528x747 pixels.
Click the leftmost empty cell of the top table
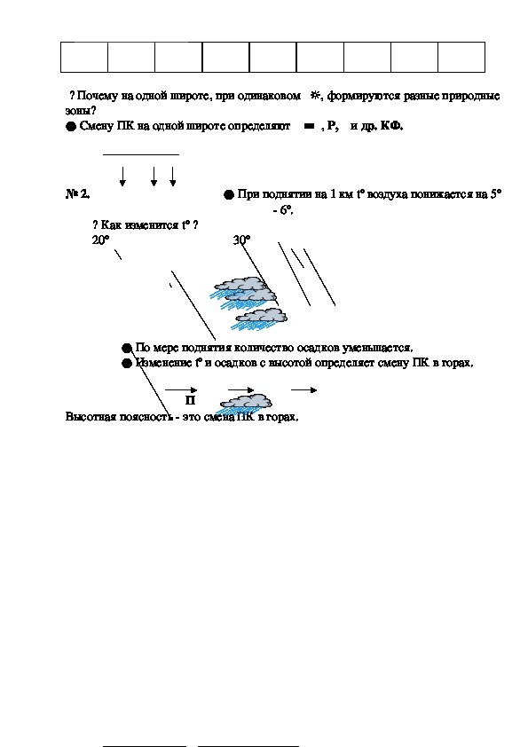coord(84,57)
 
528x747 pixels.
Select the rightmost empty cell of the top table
coord(461,57)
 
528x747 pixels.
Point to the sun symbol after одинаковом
coord(315,95)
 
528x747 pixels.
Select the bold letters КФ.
coord(391,126)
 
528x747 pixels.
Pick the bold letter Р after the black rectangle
coord(332,126)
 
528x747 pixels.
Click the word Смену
coord(96,126)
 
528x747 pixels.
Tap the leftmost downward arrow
coord(122,177)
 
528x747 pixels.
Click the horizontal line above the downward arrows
coord(141,155)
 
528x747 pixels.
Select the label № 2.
coord(77,194)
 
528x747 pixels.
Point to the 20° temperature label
coord(100,240)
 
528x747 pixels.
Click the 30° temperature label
coord(241,240)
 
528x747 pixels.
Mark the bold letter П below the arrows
coord(190,401)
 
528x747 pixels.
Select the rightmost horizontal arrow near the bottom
coord(304,390)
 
